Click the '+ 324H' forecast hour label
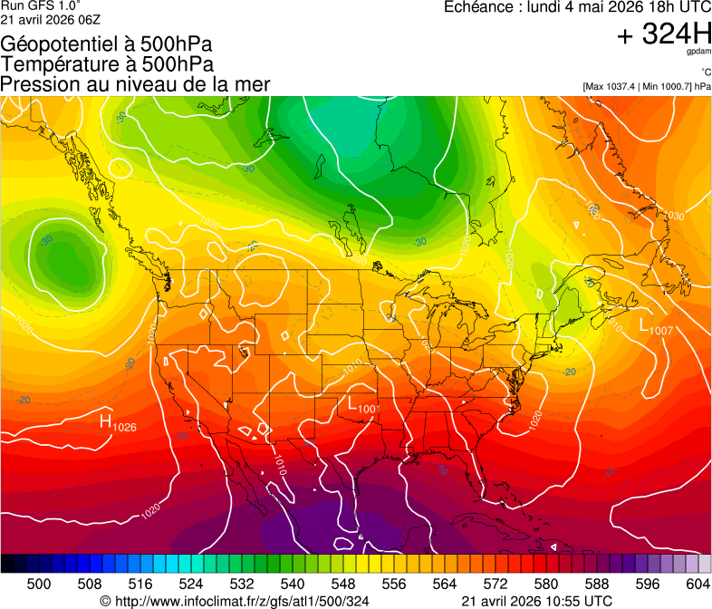(x=663, y=34)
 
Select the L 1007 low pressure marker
(x=656, y=327)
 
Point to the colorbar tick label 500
(x=39, y=583)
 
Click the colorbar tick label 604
(x=698, y=583)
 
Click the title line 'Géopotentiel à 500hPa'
(x=107, y=44)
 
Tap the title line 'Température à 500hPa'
(x=107, y=64)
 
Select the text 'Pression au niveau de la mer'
(x=135, y=84)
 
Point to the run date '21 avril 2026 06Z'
(x=51, y=19)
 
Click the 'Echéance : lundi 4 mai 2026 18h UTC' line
(x=577, y=7)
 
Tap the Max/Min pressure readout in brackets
(x=647, y=87)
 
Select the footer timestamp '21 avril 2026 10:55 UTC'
(x=536, y=601)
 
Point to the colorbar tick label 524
(x=191, y=583)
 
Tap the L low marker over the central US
(x=361, y=407)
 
